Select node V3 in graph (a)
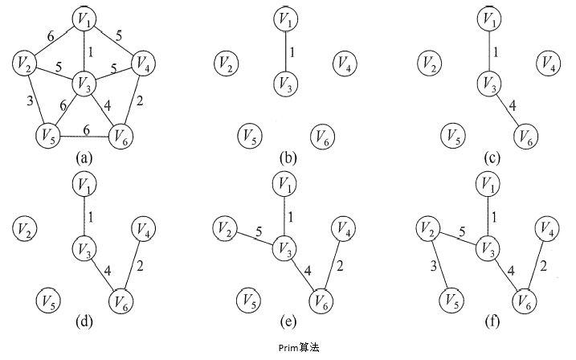pos(85,82)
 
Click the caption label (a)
pos(85,158)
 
